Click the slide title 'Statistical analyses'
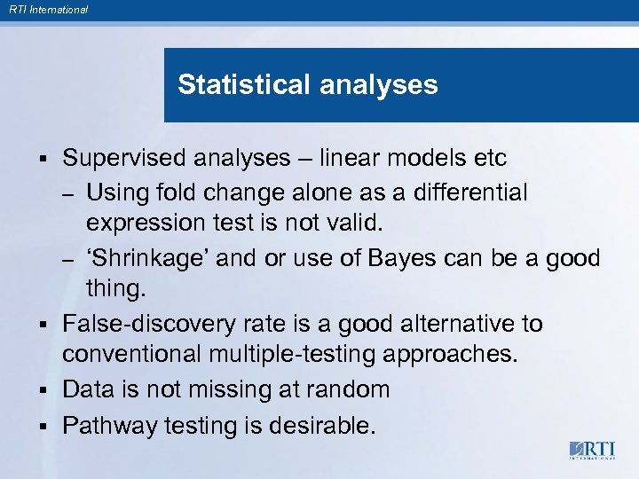307,85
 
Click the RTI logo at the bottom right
592,450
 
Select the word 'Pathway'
109,426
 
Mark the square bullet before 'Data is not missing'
43,390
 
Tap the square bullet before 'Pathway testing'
43,427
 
